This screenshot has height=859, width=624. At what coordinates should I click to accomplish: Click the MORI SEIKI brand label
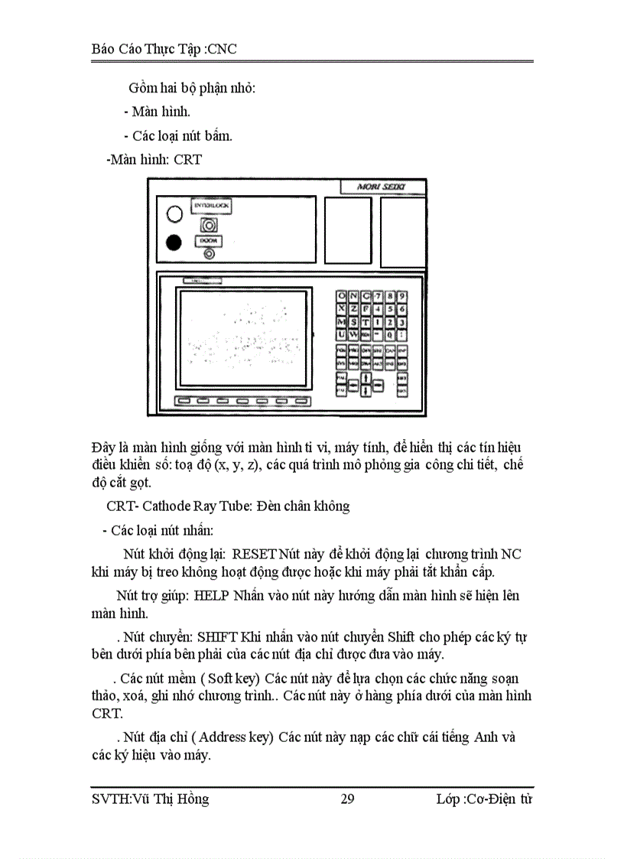(x=382, y=187)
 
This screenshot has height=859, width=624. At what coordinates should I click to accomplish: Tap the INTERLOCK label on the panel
(x=210, y=206)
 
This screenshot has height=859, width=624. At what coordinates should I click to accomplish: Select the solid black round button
(x=174, y=242)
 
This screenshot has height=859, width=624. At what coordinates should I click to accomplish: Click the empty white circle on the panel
(x=174, y=214)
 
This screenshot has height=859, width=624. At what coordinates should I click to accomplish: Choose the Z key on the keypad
(x=354, y=309)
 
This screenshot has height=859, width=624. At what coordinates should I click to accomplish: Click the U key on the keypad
(x=342, y=334)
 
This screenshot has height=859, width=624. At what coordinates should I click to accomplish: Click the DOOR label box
(x=206, y=241)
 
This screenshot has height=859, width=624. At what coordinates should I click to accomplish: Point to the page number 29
(x=347, y=799)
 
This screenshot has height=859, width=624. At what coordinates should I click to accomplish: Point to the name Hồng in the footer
(x=191, y=799)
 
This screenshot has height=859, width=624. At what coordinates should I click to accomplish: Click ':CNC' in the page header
(x=222, y=50)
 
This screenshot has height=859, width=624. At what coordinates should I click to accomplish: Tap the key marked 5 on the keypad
(x=390, y=309)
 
